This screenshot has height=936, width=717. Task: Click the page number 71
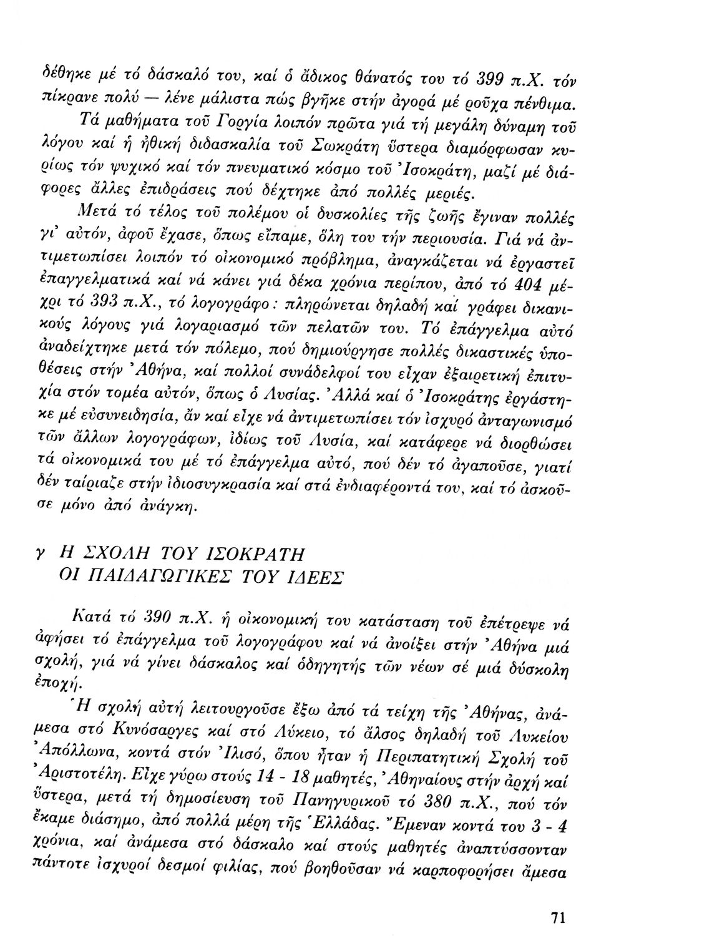[x=557, y=899]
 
